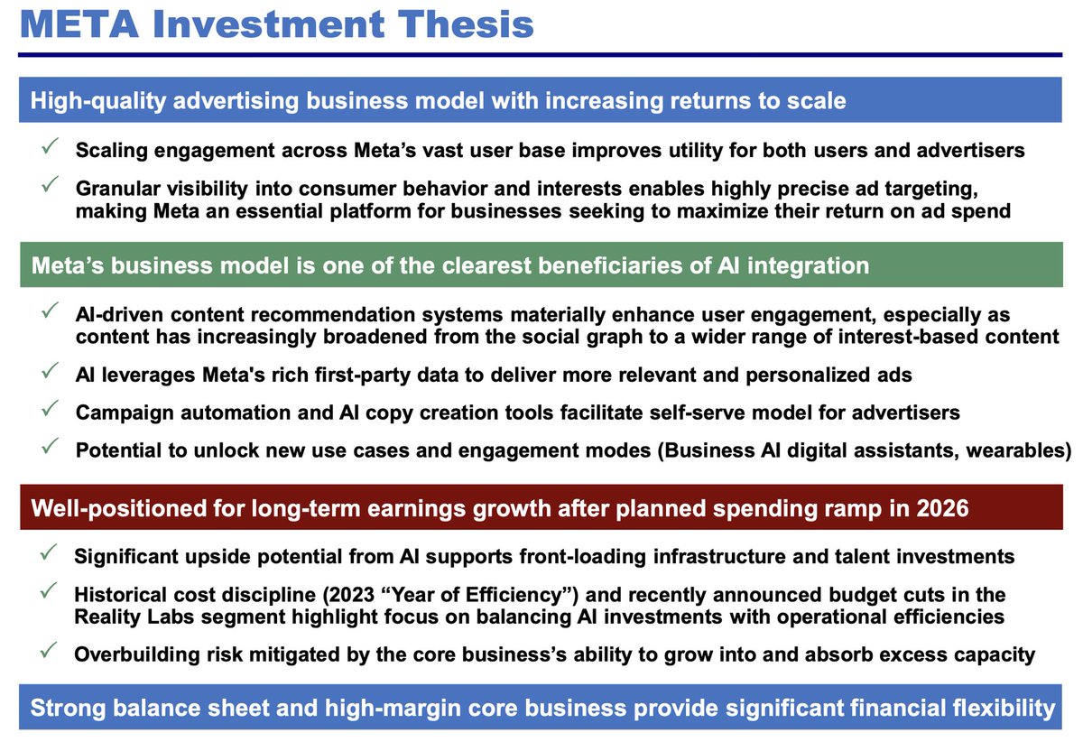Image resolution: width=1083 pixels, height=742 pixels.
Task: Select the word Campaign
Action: [118, 413]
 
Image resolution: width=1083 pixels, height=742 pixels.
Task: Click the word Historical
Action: [124, 596]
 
